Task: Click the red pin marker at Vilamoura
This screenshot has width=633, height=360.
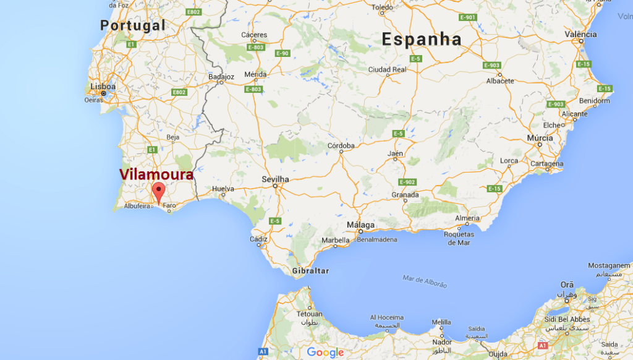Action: point(158,192)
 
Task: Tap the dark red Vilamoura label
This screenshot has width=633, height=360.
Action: point(156,174)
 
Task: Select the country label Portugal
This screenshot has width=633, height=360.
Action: point(133,25)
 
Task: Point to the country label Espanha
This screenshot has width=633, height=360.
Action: point(422,40)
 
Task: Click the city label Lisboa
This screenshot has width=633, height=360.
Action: point(103,87)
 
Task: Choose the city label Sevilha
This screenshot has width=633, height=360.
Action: point(275,179)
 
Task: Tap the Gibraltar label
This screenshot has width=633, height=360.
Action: point(311,271)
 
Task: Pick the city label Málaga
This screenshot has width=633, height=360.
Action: point(360,225)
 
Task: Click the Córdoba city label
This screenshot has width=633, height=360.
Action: point(341,146)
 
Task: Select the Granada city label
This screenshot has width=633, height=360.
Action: point(405,195)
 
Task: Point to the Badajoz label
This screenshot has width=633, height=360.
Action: point(222,77)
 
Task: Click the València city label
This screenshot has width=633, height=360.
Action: point(580,34)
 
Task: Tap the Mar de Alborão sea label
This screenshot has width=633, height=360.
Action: point(424,281)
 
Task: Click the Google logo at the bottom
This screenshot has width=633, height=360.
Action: point(325,353)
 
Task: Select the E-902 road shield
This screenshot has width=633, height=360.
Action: point(407,182)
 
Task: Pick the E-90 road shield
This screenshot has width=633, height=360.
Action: point(282,53)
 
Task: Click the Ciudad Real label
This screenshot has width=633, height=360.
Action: point(387,69)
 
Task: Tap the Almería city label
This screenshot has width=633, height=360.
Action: point(467,218)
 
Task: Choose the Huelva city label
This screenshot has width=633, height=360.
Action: point(223,188)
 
